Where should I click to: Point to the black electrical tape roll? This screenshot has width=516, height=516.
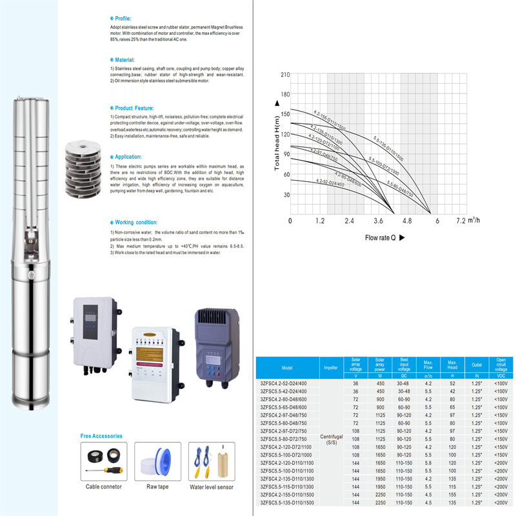[x=115, y=454]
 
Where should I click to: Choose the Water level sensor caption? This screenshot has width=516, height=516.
[x=211, y=487]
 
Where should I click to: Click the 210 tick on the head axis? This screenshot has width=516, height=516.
[x=284, y=75]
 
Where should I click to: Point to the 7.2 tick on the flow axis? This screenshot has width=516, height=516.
[x=460, y=221]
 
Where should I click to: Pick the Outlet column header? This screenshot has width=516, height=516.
[x=477, y=367]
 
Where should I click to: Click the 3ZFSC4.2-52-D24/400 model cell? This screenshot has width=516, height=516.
[x=288, y=382]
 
